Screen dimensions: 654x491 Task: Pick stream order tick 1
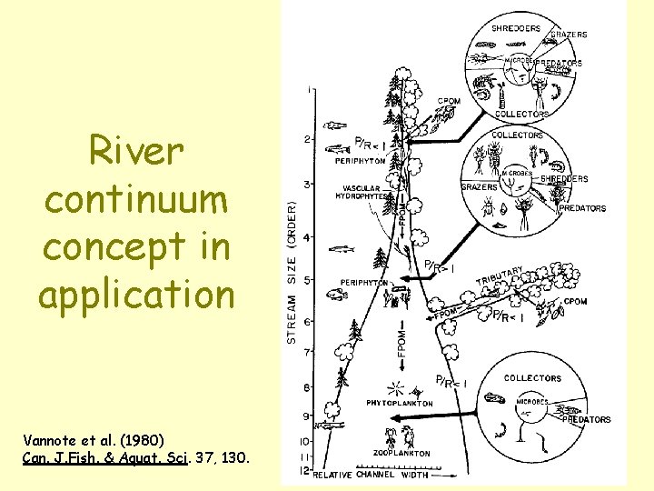(x=311, y=89)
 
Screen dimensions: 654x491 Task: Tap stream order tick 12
(x=306, y=471)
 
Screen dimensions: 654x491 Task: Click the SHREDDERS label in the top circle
(x=515, y=28)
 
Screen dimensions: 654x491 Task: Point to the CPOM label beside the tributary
(x=575, y=301)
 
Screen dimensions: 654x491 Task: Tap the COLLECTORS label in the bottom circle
(x=532, y=378)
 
